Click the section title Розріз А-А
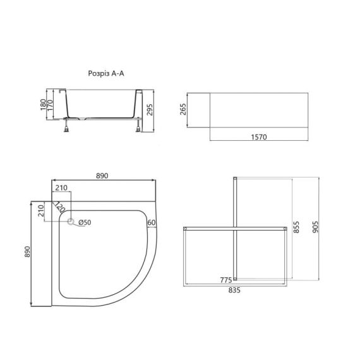[x=107, y=74]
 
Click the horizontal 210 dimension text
[x=61, y=188]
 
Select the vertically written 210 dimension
[x=40, y=210]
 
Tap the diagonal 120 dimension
[x=59, y=207]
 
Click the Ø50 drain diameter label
[x=85, y=222]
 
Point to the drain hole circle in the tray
[x=71, y=222]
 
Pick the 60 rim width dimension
[x=152, y=222]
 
